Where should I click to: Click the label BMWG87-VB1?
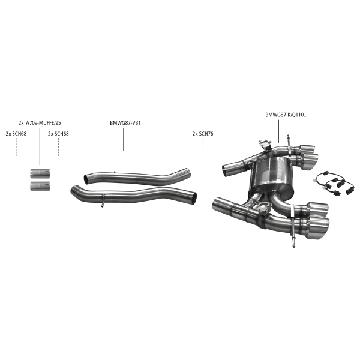click(125, 123)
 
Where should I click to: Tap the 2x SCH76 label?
click(203, 133)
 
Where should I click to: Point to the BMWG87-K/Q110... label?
click(287, 115)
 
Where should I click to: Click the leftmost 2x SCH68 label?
click(16, 133)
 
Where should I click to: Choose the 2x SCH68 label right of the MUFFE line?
click(58, 133)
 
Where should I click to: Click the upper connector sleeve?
click(40, 174)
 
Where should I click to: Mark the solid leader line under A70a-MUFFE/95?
click(40, 147)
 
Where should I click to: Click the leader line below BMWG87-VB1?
click(124, 139)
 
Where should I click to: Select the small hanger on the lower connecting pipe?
click(103, 203)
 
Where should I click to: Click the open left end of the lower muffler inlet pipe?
click(217, 206)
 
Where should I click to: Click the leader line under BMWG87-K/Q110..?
click(280, 132)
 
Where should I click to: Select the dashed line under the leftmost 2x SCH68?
click(16, 148)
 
